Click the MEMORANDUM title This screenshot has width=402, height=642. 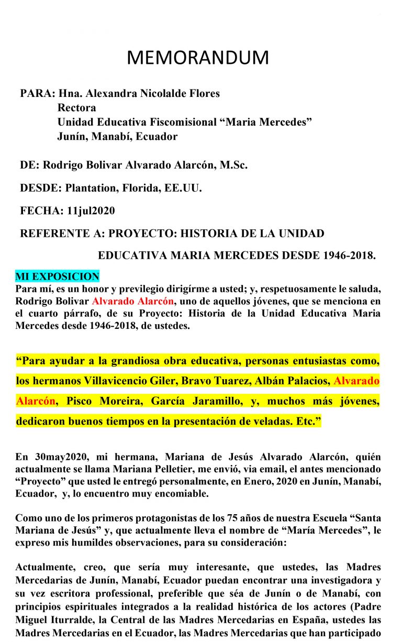tap(197, 58)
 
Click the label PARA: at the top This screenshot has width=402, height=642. tap(37, 94)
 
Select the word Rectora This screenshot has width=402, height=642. tap(77, 108)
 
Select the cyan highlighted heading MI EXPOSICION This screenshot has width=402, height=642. tap(57, 276)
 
